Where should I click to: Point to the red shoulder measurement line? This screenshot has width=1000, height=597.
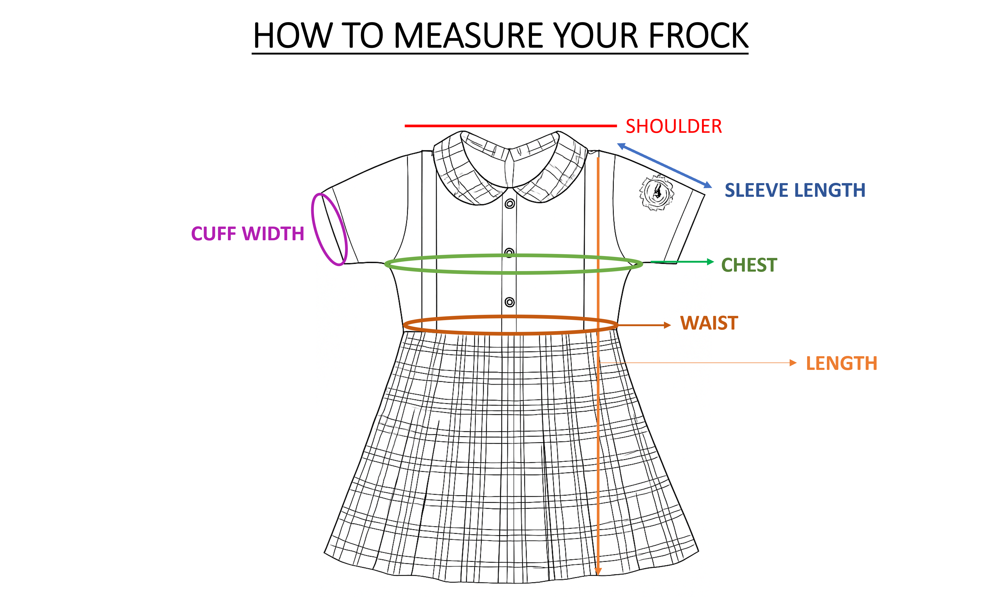[x=510, y=126]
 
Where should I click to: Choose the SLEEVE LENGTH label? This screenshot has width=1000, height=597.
[x=795, y=190]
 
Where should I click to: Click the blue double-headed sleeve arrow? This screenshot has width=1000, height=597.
[x=665, y=165]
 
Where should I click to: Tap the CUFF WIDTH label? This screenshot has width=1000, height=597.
[x=247, y=234]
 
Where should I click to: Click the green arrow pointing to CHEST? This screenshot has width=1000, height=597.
[x=682, y=262]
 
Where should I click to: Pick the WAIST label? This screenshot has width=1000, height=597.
[x=709, y=323]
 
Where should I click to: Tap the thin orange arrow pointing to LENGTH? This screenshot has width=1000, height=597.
[x=698, y=363]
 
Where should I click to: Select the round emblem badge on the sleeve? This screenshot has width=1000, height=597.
[x=656, y=192]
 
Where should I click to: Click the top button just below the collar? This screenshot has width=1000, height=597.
[x=510, y=204]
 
